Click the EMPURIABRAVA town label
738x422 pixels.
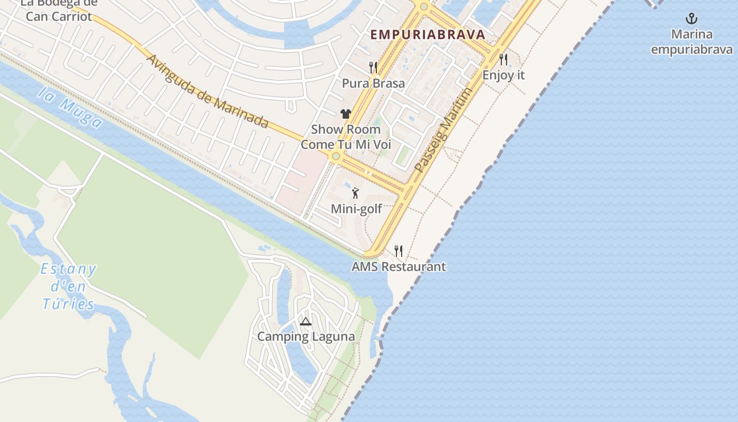click(428, 35)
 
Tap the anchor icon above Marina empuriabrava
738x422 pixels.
click(691, 19)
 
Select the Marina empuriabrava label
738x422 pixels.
click(692, 42)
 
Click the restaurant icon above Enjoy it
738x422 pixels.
click(503, 59)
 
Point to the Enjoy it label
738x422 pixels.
click(503, 75)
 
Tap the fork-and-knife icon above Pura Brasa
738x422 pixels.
click(373, 67)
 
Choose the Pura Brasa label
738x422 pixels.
click(373, 83)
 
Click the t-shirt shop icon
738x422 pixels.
click(346, 113)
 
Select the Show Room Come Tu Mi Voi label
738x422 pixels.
click(346, 137)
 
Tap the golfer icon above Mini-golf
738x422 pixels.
click(355, 193)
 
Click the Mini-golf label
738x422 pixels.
click(356, 209)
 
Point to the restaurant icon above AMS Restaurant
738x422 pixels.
click(399, 251)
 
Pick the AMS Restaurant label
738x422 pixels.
click(399, 266)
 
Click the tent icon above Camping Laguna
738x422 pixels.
click(306, 321)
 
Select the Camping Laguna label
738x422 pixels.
click(306, 337)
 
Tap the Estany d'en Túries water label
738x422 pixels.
click(69, 286)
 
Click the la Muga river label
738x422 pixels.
click(70, 108)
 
